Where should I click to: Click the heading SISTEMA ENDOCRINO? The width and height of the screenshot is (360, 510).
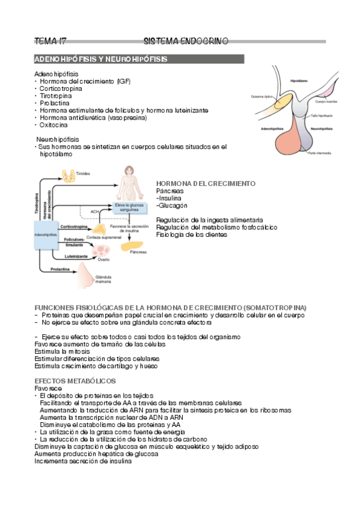click(186, 41)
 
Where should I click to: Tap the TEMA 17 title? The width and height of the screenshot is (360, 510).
click(50, 41)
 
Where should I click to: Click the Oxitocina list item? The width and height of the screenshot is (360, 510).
click(53, 124)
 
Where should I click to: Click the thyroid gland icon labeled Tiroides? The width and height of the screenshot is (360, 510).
click(69, 174)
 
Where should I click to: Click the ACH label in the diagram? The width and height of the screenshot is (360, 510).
click(94, 212)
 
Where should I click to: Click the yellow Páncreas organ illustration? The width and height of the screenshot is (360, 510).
click(133, 245)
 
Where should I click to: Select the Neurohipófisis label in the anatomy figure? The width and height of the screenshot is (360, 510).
click(319, 128)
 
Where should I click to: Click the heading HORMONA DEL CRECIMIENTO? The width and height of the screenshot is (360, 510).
click(206, 183)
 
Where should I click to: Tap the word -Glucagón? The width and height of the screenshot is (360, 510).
click(171, 205)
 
